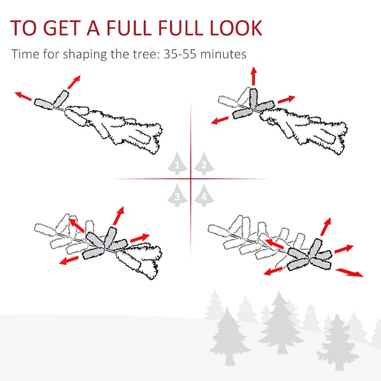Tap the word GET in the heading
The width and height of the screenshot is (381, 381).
(x=62, y=28)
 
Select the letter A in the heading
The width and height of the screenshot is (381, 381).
(x=93, y=28)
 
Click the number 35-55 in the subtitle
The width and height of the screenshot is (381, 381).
(x=180, y=54)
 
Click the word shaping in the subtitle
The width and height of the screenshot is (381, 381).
(x=85, y=54)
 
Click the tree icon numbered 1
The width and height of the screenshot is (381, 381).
(x=177, y=163)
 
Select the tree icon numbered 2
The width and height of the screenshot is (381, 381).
(x=204, y=163)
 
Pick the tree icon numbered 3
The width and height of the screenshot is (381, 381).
(x=177, y=195)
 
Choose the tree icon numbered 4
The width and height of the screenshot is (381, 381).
(x=204, y=195)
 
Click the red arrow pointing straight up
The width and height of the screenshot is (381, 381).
(x=254, y=76)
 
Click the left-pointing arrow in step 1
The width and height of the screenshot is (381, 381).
(x=23, y=96)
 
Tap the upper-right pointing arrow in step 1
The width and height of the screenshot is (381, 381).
(x=74, y=82)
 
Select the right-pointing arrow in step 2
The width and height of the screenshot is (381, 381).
(x=286, y=99)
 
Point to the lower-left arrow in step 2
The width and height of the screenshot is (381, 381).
(x=220, y=120)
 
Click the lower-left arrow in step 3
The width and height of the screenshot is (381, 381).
(x=69, y=260)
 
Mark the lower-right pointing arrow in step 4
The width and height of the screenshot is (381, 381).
(x=350, y=272)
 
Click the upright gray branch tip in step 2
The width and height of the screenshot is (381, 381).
(x=253, y=99)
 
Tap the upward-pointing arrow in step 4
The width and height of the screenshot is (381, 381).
(x=326, y=227)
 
